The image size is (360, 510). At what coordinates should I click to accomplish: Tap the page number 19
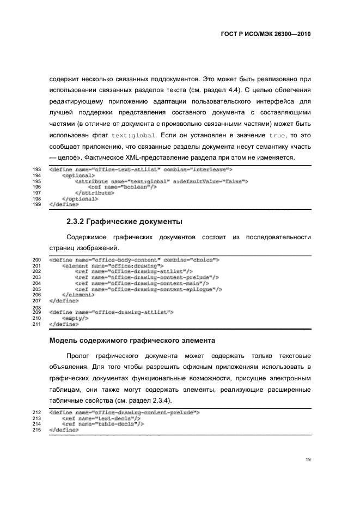308,459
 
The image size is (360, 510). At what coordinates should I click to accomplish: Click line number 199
38,204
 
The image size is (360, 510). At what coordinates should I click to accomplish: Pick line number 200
38,260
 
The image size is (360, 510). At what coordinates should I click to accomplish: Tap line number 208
38,307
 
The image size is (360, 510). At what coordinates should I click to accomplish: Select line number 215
38,430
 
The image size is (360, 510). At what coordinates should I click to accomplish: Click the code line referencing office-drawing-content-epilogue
148,289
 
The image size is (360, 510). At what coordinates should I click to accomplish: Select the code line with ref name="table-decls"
103,423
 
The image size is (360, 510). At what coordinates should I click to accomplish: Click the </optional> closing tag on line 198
80,199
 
